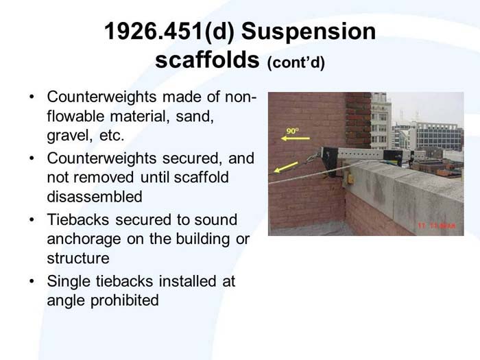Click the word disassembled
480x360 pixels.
pyautogui.click(x=95, y=197)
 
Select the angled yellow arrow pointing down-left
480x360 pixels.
pyautogui.click(x=287, y=167)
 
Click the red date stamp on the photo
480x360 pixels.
pyautogui.click(x=437, y=225)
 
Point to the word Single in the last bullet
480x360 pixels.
pyautogui.click(x=68, y=280)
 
